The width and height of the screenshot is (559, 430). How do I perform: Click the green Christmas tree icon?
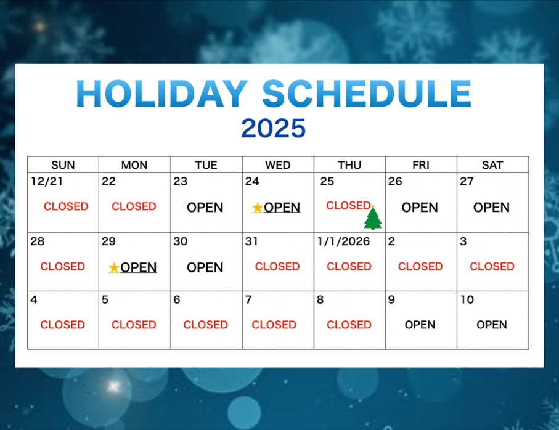pos(372,217)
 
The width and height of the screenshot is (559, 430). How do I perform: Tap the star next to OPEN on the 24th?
pos(258,208)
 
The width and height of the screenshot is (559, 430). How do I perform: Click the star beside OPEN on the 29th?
pos(114,267)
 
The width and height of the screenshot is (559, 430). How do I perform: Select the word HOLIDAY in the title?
pos(162,94)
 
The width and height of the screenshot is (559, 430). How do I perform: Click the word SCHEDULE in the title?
pos(367,94)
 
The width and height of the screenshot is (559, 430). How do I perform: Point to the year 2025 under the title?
pos(274,128)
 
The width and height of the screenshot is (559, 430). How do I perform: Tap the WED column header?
pos(278,165)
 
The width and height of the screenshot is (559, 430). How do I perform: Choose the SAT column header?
pos(492,165)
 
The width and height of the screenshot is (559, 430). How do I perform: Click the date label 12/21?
pos(47,181)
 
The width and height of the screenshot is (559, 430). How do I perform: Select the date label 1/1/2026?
pos(344,241)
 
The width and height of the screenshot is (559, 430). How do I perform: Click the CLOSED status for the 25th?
pos(348,206)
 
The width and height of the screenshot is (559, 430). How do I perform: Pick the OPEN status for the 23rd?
pos(205,208)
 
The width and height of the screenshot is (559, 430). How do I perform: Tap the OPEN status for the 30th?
pos(205,267)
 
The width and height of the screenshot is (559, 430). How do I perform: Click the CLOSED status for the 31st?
pos(277,267)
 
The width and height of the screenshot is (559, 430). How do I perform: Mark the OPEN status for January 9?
pos(420,325)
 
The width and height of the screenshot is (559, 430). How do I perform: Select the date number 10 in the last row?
pos(467,299)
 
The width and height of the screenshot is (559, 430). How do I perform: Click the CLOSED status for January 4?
pos(62,325)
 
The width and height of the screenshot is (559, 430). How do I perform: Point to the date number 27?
pos(467,181)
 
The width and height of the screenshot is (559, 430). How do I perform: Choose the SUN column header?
pos(63,165)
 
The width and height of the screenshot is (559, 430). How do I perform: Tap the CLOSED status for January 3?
pos(492,267)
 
